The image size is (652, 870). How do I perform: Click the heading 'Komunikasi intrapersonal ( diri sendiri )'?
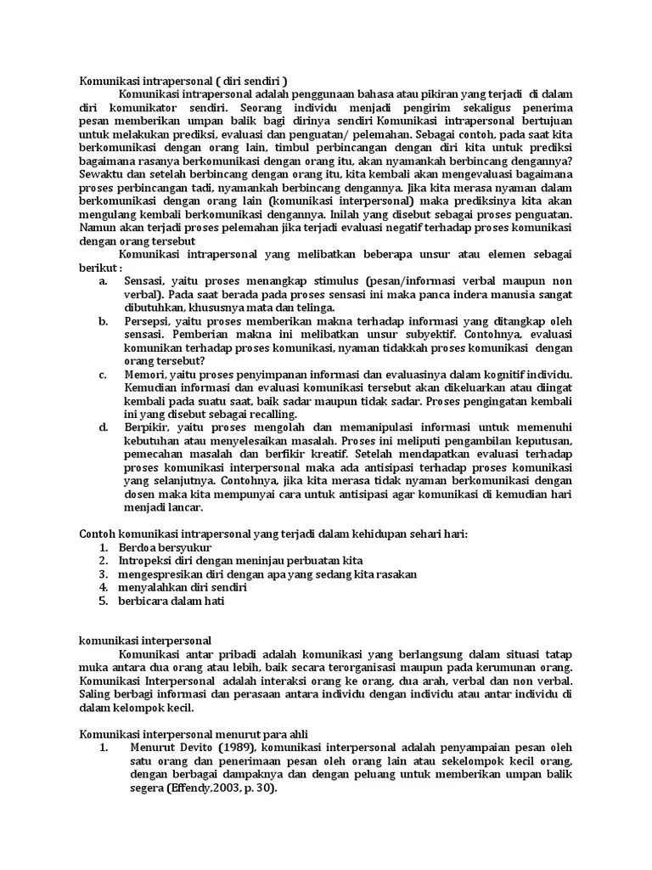183,82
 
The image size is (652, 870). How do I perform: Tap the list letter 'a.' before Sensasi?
104,280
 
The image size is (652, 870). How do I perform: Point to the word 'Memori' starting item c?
143,374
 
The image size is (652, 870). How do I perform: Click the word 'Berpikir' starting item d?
146,427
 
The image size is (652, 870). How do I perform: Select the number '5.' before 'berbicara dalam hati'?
104,601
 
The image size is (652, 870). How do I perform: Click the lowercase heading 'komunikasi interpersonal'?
145,641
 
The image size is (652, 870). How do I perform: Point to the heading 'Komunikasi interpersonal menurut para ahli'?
194,734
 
